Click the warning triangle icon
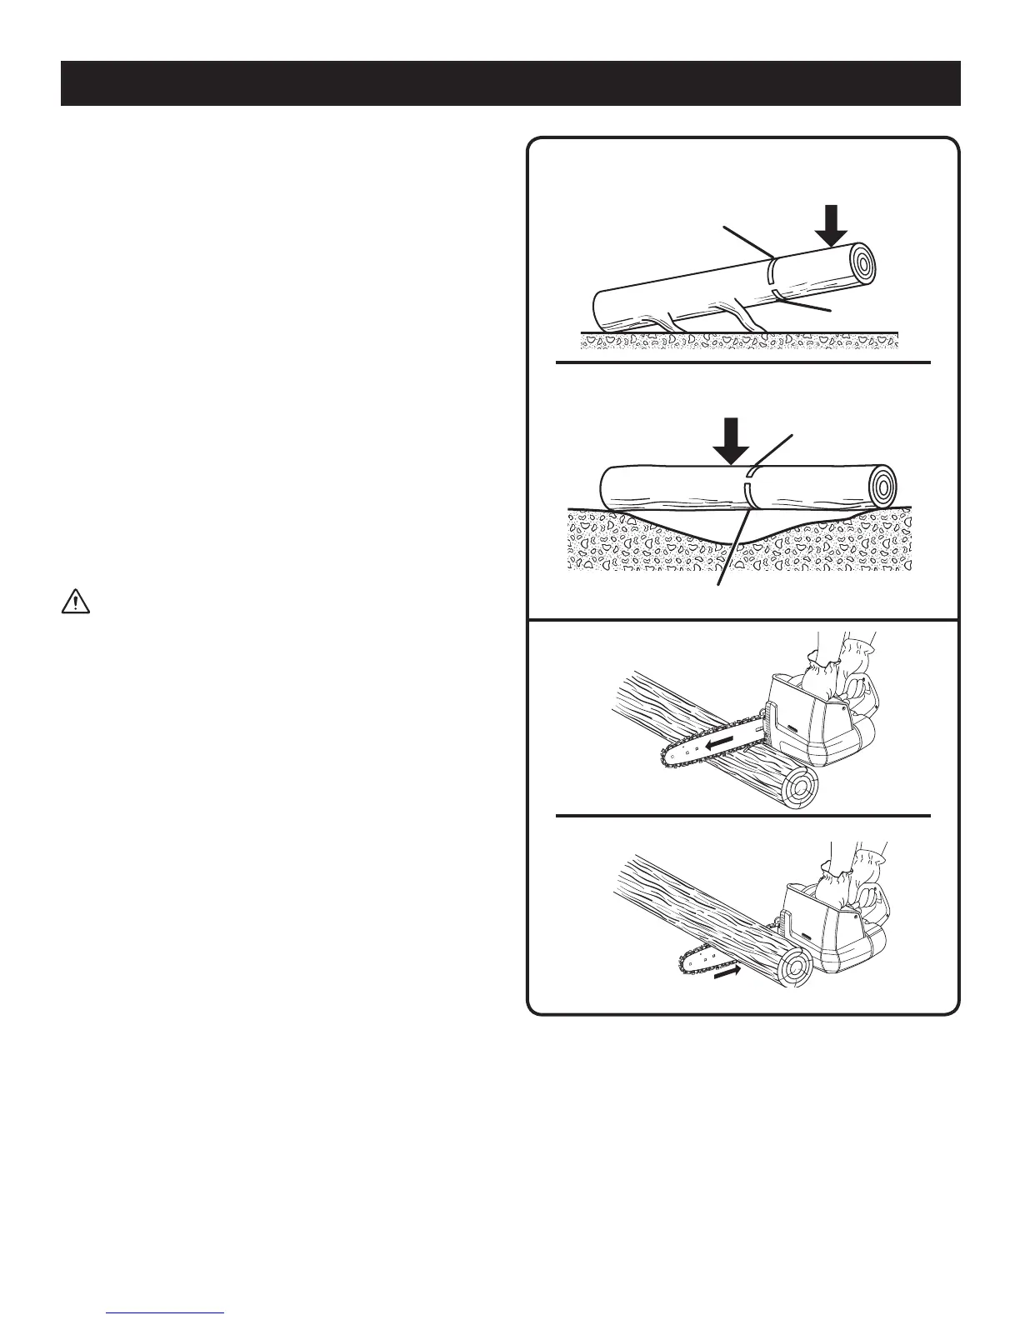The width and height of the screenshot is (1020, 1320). (75, 603)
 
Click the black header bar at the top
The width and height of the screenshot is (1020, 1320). (510, 83)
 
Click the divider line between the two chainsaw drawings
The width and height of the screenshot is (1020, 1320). (742, 814)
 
